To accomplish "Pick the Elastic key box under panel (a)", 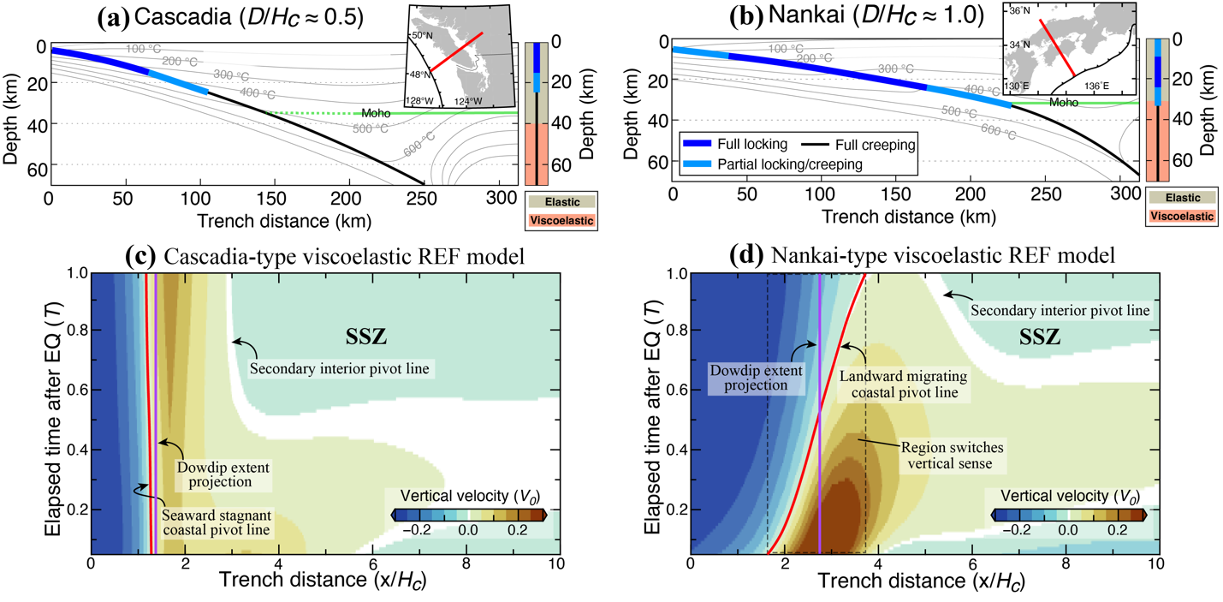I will pos(561,203).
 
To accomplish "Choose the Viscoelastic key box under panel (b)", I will pos(1181,217).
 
